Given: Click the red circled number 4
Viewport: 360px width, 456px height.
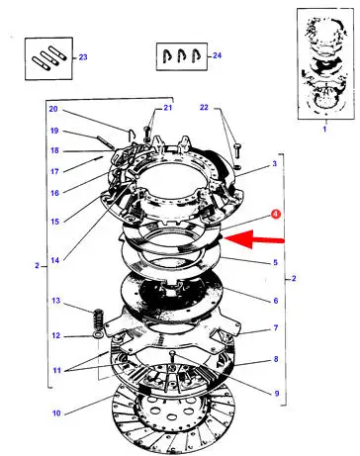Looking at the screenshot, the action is (x=276, y=214).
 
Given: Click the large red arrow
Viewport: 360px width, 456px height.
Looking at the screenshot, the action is (x=254, y=239).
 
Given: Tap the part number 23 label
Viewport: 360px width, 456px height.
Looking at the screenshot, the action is (x=83, y=57).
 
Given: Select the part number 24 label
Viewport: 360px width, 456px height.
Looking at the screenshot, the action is (x=217, y=55).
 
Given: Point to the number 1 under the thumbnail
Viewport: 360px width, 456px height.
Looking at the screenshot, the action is (x=324, y=129).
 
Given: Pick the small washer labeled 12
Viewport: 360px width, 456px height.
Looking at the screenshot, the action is (x=98, y=335).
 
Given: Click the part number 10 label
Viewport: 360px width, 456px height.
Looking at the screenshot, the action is (x=56, y=412).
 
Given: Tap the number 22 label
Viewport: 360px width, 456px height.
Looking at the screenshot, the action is (x=204, y=107).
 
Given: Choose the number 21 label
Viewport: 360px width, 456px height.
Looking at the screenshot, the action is (x=168, y=108).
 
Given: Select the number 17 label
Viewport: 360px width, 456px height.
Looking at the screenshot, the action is (x=54, y=171).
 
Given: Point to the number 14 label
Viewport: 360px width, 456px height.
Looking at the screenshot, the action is (x=55, y=260).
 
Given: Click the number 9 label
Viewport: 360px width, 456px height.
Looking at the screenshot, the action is (x=277, y=393).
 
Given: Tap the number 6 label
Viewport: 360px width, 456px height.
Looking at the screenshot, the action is (x=276, y=301).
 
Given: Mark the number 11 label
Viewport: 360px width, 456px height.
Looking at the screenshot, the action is (x=57, y=370).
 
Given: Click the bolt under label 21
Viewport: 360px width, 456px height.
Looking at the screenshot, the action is (x=147, y=134).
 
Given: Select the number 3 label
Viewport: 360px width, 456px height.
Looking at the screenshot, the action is (x=275, y=163).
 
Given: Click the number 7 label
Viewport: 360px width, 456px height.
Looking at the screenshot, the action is (x=276, y=327).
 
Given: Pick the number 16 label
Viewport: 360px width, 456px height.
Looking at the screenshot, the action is (x=54, y=193).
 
